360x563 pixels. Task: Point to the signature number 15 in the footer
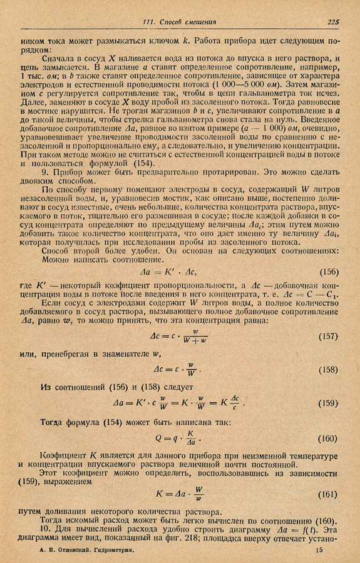coord(319,550)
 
